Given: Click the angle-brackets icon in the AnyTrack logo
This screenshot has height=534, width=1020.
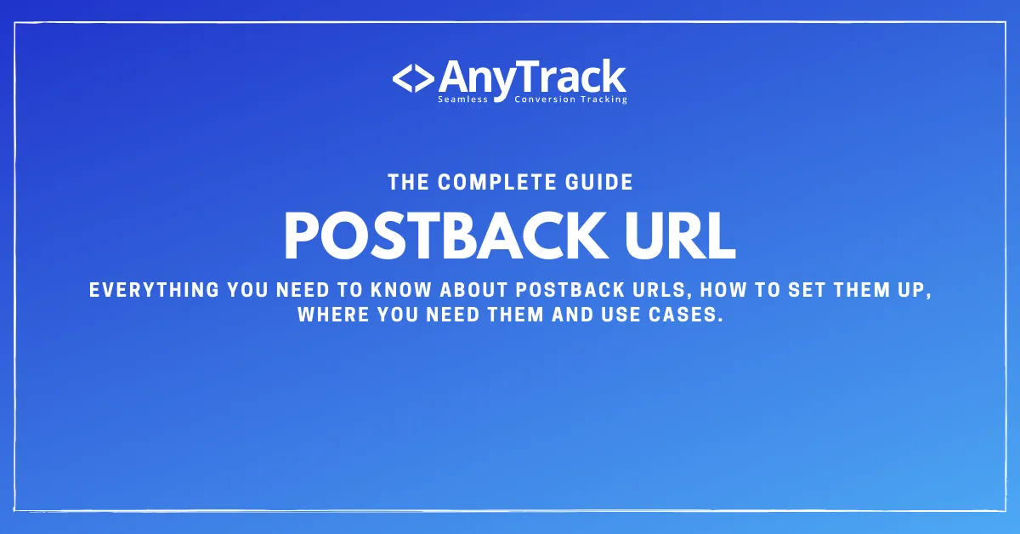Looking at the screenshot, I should point(414,78).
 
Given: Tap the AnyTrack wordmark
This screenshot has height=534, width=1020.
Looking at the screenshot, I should point(532,77).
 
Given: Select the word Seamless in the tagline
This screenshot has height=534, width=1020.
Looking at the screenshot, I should point(463,99).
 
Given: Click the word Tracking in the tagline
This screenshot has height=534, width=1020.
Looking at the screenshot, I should point(602,99).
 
